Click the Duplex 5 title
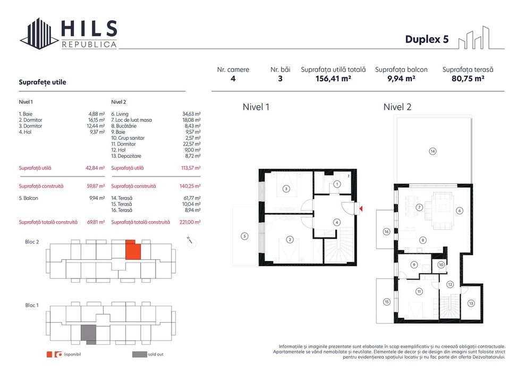coord(426,39)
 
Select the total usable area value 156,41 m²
coord(333,79)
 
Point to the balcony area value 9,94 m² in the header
coord(401,79)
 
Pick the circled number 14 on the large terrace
coord(432,151)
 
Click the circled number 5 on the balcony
coord(244,236)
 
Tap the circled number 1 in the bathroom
coord(336,184)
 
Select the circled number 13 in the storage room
coord(471,303)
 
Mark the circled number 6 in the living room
coord(459,210)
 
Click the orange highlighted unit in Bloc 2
coord(133,250)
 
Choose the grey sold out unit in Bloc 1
coord(88,335)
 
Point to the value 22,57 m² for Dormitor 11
coord(191,144)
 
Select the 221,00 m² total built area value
coord(191,222)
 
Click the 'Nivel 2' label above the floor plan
coord(397,107)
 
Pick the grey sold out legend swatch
coord(139,354)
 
